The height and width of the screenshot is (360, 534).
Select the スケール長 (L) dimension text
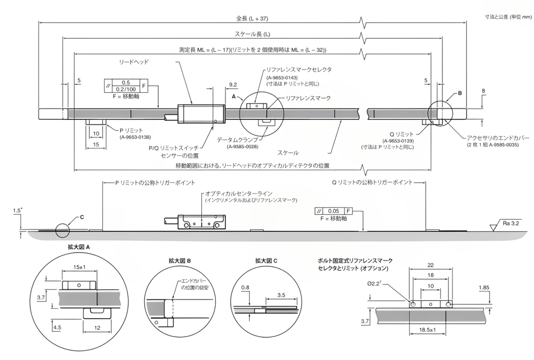pos(253,34)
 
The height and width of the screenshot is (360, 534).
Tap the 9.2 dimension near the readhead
pos(233,85)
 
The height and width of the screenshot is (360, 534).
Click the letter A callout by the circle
pos(234,97)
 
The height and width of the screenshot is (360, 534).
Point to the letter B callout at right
pos(460,93)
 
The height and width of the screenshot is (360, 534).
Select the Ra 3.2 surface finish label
pos(511,223)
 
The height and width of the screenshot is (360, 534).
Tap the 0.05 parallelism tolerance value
pos(334,211)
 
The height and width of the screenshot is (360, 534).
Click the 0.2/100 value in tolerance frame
pos(125,89)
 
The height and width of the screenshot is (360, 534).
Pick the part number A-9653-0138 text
pos(135,137)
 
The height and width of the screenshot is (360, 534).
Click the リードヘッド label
pos(134,62)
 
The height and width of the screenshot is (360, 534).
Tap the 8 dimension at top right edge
pos(483,91)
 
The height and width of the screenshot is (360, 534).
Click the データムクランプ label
pos(235,140)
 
